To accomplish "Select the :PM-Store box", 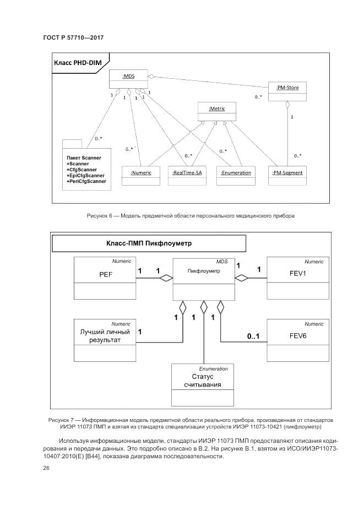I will click(287, 92).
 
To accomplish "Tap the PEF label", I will click(105, 274).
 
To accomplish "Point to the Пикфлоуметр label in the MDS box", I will click(204, 271).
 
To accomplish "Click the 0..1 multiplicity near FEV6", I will click(254, 335).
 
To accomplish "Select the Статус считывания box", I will click(204, 381).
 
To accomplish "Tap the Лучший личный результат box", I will click(105, 336).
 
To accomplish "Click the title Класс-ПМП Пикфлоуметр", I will click(149, 243).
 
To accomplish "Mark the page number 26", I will click(46, 468).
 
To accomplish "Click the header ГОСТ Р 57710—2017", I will click(73, 38).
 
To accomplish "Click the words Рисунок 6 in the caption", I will click(100, 216).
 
